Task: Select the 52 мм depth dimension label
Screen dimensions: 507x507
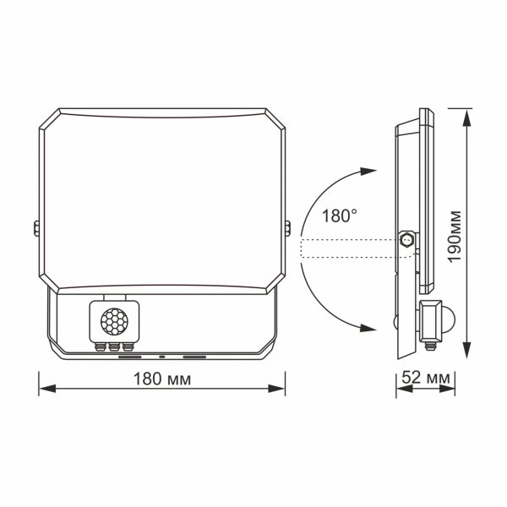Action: (427, 379)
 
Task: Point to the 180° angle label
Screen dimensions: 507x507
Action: (339, 215)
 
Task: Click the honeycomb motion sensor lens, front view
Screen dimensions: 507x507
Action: (113, 322)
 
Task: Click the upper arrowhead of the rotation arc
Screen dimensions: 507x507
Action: (368, 172)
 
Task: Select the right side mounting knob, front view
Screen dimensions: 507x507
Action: (288, 227)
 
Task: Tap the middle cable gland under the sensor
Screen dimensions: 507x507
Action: (113, 346)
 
